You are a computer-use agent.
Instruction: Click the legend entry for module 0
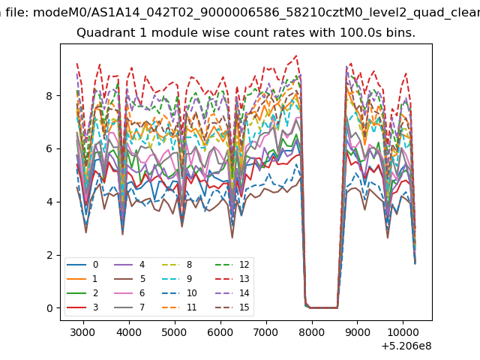coord(82,265)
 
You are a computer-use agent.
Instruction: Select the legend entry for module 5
coord(130,279)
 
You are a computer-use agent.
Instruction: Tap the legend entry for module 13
coord(232,279)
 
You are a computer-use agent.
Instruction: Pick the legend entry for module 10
coord(179,293)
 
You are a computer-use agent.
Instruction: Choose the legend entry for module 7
coord(130,307)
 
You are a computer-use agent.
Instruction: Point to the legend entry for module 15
coord(232,307)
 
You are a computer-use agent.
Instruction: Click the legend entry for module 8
coord(177,265)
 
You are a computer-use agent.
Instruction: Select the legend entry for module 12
coord(232,265)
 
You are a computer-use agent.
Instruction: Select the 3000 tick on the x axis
coord(83,332)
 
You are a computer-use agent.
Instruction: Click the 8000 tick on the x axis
coord(312,332)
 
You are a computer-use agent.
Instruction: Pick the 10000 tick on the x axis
coord(403,332)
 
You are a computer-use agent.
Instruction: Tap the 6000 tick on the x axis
coord(220,332)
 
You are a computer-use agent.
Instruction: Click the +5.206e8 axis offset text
coord(406,346)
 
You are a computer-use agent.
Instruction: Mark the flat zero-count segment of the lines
coord(323,308)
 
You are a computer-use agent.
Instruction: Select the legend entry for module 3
coord(82,307)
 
